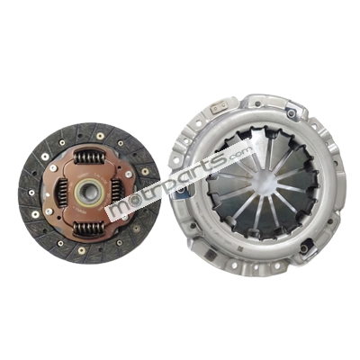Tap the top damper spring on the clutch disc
pos(89,157)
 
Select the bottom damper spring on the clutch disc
pos(89,228)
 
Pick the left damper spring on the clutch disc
pos(63,193)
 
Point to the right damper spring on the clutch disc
pos(116,191)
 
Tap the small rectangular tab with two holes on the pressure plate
pos(220,108)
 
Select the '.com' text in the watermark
pos(240,154)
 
